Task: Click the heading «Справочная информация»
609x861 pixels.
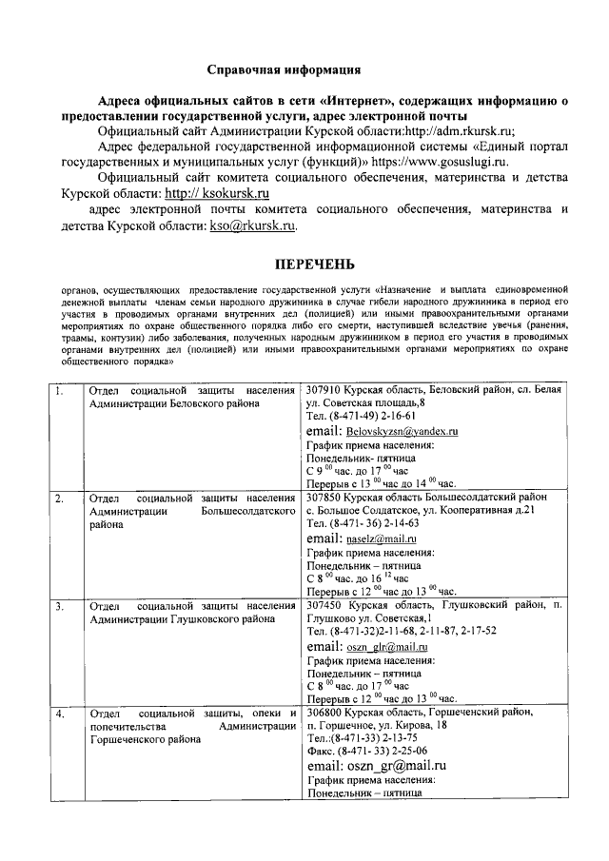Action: pyautogui.click(x=285, y=69)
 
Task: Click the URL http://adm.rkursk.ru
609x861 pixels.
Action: pyautogui.click(x=460, y=130)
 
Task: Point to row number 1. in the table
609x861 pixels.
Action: pyautogui.click(x=60, y=391)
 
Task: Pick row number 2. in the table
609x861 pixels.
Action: pyautogui.click(x=60, y=498)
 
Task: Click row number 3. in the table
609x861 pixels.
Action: pyautogui.click(x=60, y=605)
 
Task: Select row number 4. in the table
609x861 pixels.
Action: pyautogui.click(x=60, y=713)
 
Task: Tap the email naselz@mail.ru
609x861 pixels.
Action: pyautogui.click(x=381, y=538)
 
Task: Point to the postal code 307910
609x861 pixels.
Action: pyautogui.click(x=324, y=391)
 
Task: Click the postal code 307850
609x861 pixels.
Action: pyautogui.click(x=324, y=498)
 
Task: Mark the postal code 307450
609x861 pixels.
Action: pyautogui.click(x=324, y=605)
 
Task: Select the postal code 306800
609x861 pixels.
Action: pyautogui.click(x=324, y=713)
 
